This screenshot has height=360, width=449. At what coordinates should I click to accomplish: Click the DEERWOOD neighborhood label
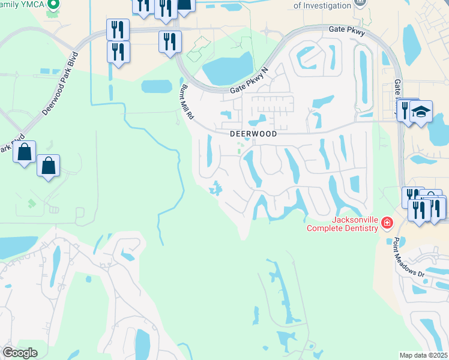coord(254,134)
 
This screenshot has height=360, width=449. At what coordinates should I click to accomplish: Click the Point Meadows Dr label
coord(408,257)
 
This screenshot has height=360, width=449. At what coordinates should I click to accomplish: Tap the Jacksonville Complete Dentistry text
coord(342,224)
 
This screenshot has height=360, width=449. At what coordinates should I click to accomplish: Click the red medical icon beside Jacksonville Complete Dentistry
coord(387,224)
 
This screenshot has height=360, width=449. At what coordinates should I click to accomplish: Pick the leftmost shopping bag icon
coord(25,152)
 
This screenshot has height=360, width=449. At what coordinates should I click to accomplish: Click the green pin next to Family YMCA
coord(53,4)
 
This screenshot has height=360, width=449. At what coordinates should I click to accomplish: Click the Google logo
coord(19,352)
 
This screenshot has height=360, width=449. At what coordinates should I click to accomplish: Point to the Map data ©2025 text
coord(423,355)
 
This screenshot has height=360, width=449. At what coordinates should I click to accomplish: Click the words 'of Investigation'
coord(322,5)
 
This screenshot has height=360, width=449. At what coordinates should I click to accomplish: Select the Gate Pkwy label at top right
coord(347,32)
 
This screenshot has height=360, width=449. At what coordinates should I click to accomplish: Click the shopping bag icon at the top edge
coord(184,5)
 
